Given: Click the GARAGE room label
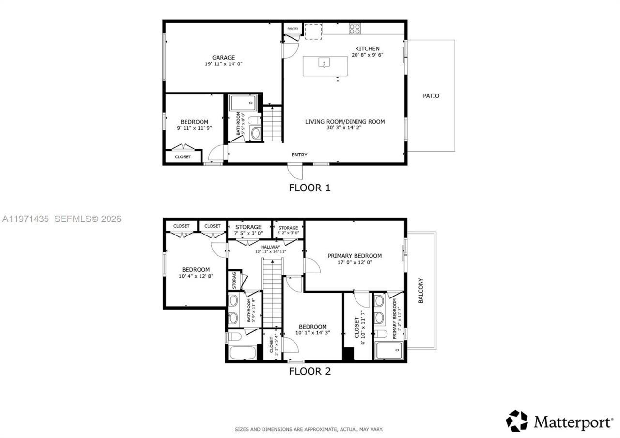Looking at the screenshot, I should (223, 57).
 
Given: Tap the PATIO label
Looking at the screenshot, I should (431, 96).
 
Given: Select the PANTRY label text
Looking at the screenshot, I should (293, 29).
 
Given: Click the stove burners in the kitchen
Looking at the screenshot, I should (355, 29).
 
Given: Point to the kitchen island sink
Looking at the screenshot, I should (324, 63).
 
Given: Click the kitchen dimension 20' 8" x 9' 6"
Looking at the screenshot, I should (367, 55).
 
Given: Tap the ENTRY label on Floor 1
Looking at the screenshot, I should (299, 155).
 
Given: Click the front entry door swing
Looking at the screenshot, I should (295, 171).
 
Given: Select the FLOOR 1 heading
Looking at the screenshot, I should (310, 188).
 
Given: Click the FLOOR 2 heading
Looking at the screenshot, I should (310, 372).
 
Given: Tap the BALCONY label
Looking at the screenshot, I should (421, 290).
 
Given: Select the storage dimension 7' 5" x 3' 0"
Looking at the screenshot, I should (248, 233).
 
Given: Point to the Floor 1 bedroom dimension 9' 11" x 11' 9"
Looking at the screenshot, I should (194, 128).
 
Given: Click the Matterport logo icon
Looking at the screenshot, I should (517, 421).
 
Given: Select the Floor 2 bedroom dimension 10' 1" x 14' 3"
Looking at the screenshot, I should (312, 333).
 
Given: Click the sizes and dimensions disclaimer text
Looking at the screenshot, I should (309, 429).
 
